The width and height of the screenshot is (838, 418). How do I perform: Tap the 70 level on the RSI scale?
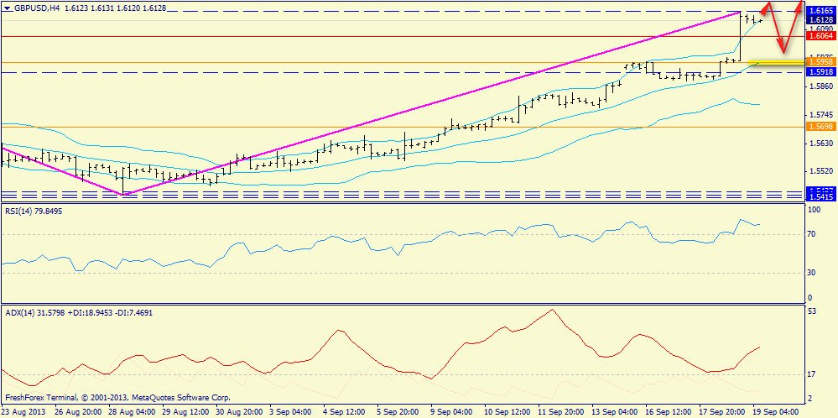[x=811, y=234]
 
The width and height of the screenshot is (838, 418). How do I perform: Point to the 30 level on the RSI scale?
[x=811, y=272]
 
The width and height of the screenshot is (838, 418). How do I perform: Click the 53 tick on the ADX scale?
[x=811, y=311]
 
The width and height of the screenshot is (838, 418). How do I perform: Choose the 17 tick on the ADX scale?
[x=811, y=374]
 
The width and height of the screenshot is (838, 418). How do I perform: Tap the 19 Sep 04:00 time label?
[x=775, y=412]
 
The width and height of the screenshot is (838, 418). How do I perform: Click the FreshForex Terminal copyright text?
[x=117, y=398]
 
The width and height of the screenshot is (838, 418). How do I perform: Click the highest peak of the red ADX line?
[x=551, y=310]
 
